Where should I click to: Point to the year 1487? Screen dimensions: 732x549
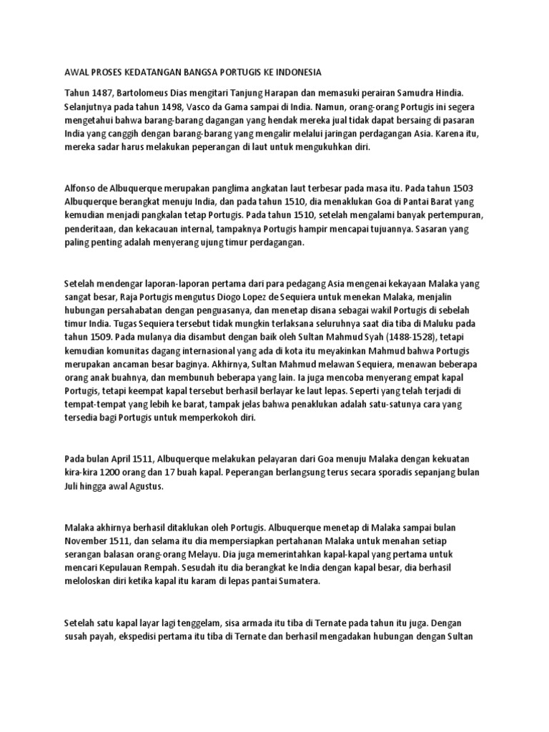click(100, 93)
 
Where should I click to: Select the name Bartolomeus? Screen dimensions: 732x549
click(143, 93)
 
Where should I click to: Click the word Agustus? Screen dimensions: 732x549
click(145, 486)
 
